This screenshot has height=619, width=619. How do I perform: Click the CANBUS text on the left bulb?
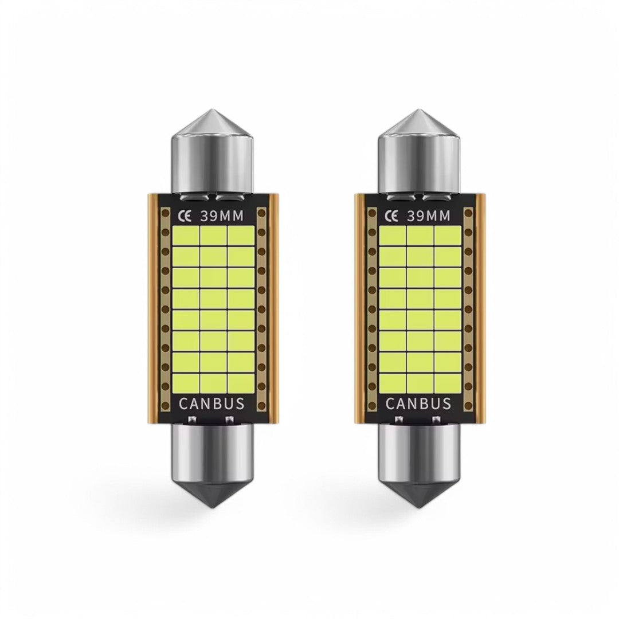coord(212,403)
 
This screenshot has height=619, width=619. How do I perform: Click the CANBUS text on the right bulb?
coord(419,403)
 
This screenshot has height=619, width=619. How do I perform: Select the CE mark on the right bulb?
coord(392,216)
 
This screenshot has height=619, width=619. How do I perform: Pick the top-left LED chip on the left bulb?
coord(185,236)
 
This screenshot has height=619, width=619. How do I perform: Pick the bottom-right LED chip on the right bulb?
coord(447,381)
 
